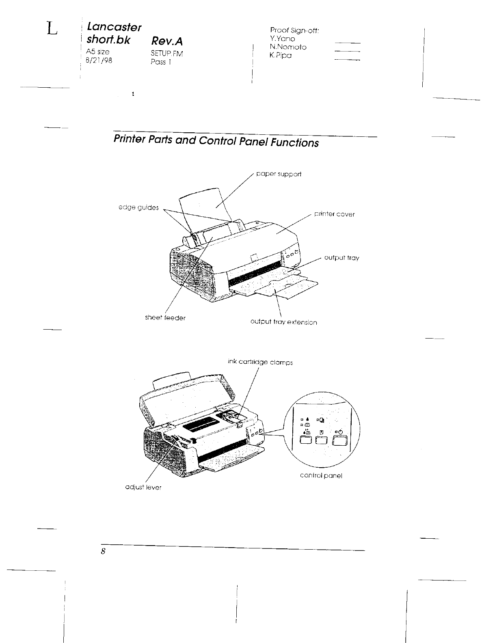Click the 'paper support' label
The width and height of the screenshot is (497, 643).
point(279,174)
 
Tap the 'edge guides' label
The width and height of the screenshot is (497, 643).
point(138,207)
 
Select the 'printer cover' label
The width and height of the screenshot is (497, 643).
point(334,214)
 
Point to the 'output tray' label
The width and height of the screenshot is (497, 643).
point(341,258)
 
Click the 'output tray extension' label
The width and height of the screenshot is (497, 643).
point(283,322)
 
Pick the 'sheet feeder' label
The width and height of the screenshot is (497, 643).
point(165,318)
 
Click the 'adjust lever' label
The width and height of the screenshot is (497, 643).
point(143,487)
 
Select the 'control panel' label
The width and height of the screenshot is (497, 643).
point(321,475)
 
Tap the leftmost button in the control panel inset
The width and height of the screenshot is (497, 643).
point(307,441)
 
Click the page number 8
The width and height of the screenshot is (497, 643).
point(104,551)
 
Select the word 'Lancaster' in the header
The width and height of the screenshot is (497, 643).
point(115,27)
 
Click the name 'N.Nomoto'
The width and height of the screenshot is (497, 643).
point(288,47)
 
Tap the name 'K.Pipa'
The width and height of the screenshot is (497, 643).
point(281,56)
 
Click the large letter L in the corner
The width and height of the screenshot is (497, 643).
point(52,29)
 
